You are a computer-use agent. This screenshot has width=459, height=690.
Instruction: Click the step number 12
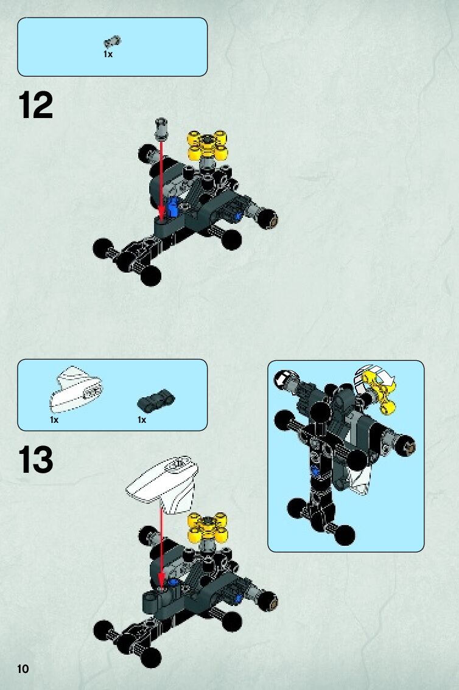click(x=36, y=106)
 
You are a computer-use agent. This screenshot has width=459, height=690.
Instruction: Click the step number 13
click(x=36, y=460)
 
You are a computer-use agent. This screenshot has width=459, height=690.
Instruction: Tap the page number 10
click(x=23, y=669)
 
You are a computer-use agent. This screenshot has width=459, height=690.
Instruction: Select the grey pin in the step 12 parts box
click(x=112, y=42)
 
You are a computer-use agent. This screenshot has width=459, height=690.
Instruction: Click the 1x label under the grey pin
click(x=108, y=54)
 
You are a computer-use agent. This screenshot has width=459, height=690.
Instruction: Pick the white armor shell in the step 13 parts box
click(x=77, y=389)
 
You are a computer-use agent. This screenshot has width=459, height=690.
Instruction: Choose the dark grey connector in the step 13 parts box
click(x=156, y=399)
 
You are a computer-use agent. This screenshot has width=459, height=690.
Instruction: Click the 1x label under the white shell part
click(x=54, y=420)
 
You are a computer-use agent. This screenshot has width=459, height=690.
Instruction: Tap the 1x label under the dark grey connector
click(x=142, y=420)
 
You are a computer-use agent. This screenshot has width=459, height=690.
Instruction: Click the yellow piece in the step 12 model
click(x=208, y=145)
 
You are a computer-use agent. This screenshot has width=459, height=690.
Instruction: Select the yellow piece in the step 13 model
click(x=208, y=528)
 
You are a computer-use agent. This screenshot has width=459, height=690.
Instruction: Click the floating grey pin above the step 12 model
click(x=161, y=127)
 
